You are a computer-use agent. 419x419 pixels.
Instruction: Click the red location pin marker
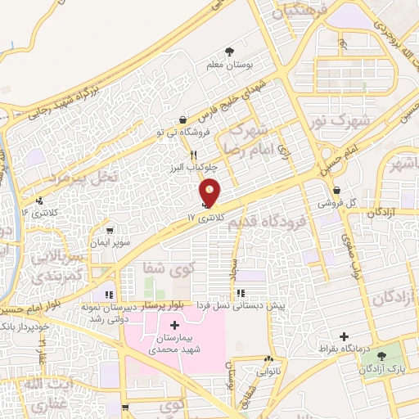click(x=211, y=191)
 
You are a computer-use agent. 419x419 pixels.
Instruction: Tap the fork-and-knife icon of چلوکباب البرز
click(x=194, y=155)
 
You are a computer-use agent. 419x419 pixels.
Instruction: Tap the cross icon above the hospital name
click(x=174, y=325)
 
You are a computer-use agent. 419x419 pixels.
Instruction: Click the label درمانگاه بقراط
click(x=344, y=349)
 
